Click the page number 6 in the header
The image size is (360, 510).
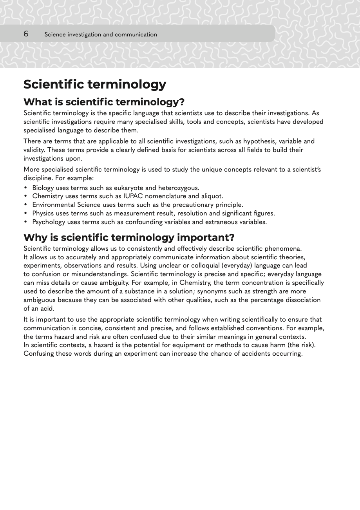[26, 34]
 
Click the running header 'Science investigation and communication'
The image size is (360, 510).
[101, 34]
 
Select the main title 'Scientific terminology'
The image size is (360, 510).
[95, 84]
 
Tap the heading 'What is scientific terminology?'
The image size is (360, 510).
[104, 102]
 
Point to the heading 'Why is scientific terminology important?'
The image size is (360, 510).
[129, 237]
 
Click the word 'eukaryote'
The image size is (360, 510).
[128, 188]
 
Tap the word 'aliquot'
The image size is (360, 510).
[212, 196]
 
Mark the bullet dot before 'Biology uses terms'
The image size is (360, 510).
[26, 188]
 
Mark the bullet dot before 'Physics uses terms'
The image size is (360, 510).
[26, 213]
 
